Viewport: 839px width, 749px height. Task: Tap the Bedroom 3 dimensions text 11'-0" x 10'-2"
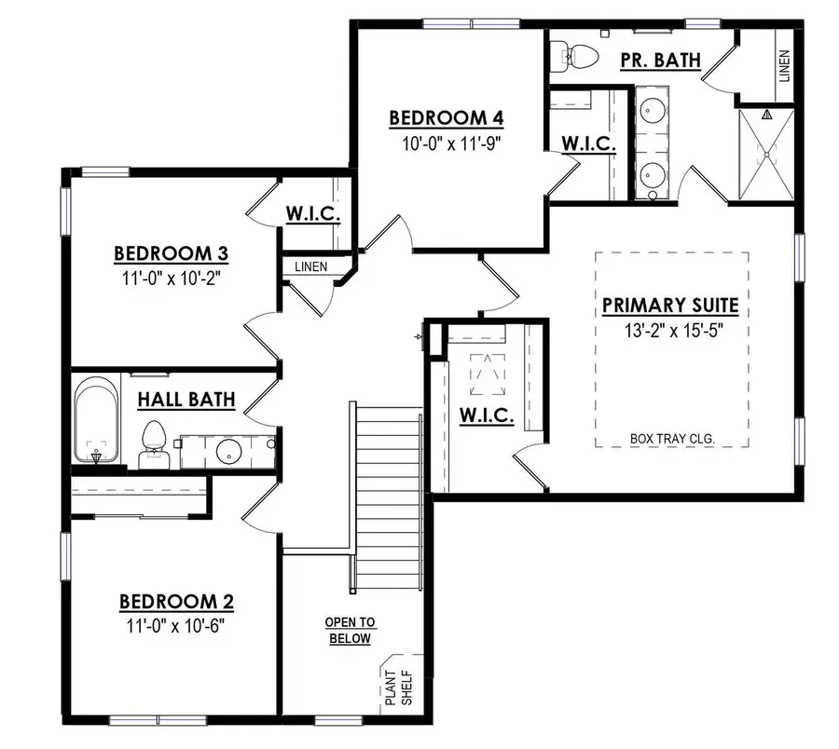[172, 277]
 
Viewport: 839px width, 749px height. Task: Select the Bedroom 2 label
[176, 601]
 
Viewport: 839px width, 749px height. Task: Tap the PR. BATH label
[660, 61]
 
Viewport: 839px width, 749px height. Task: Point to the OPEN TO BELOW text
[350, 631]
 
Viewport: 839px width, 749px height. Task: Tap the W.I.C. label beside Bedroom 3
[312, 215]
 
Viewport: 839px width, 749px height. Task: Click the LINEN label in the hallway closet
[310, 266]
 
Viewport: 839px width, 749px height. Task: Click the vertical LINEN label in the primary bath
[784, 66]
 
